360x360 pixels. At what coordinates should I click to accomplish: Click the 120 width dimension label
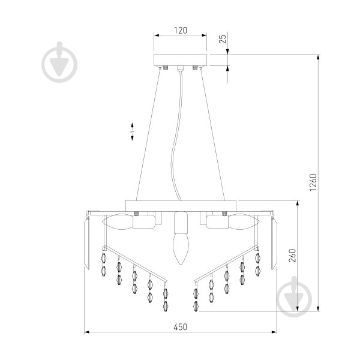coord(181,31)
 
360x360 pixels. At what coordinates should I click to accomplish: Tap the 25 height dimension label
coord(223,38)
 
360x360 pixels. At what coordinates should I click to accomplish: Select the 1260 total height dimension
coord(313,182)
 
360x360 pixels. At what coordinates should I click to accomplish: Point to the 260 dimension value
coord(293,256)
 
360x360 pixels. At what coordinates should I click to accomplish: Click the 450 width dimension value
coord(181,327)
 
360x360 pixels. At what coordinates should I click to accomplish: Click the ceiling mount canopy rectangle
coord(180,60)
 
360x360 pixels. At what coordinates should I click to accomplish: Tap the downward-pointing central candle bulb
coord(181,249)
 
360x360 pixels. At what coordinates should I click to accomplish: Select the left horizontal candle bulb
coord(118,222)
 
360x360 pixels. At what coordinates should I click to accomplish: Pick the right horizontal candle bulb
coord(244,222)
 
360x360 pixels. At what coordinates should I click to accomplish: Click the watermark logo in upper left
coord(59,62)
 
